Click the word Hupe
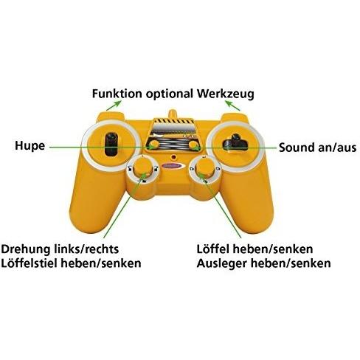(x=30, y=146)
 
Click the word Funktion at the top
(x=117, y=94)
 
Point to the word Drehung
(x=26, y=249)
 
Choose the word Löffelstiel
(x=30, y=263)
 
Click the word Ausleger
(x=222, y=264)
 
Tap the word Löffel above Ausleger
(x=213, y=249)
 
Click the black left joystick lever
(x=111, y=145)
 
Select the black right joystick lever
(x=235, y=142)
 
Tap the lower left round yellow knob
(x=142, y=166)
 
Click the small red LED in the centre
(x=174, y=156)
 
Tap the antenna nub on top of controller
(x=173, y=114)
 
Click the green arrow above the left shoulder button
(x=114, y=105)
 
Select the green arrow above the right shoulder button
(x=232, y=105)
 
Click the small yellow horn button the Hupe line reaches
(x=154, y=145)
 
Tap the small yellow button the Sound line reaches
(x=193, y=145)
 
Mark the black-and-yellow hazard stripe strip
(x=173, y=121)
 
